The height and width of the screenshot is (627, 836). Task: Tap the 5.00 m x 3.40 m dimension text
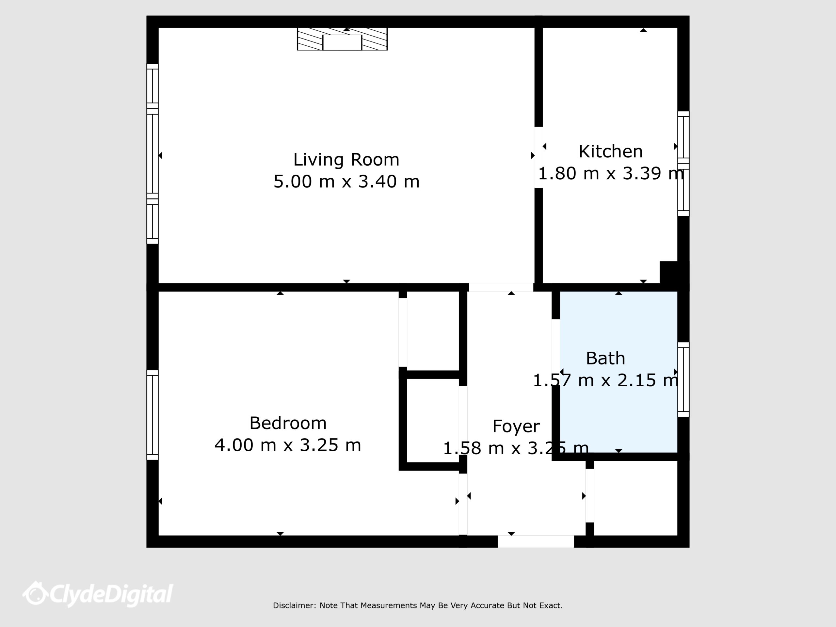click(x=346, y=182)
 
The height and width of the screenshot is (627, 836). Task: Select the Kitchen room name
click(x=610, y=152)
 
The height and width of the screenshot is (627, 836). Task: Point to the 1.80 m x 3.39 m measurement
click(x=611, y=173)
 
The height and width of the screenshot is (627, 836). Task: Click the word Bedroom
click(x=288, y=423)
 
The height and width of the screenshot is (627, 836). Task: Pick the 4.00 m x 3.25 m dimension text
click(x=288, y=445)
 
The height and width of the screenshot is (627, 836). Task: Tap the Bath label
click(x=605, y=358)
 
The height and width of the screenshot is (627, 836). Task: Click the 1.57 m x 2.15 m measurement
click(x=605, y=380)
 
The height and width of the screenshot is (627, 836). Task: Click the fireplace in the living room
click(x=343, y=39)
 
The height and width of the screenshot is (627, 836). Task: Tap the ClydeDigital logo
click(x=98, y=594)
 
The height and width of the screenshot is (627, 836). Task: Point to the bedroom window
click(x=152, y=415)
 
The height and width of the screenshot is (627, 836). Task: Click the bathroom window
click(x=683, y=379)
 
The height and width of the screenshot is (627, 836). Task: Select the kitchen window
click(x=683, y=164)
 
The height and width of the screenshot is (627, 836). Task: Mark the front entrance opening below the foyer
click(x=536, y=541)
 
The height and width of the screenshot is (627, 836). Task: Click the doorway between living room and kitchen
click(x=539, y=157)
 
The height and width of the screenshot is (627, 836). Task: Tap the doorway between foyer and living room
click(x=501, y=287)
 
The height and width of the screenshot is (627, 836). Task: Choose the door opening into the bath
click(x=555, y=352)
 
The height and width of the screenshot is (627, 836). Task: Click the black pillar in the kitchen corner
click(x=668, y=272)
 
